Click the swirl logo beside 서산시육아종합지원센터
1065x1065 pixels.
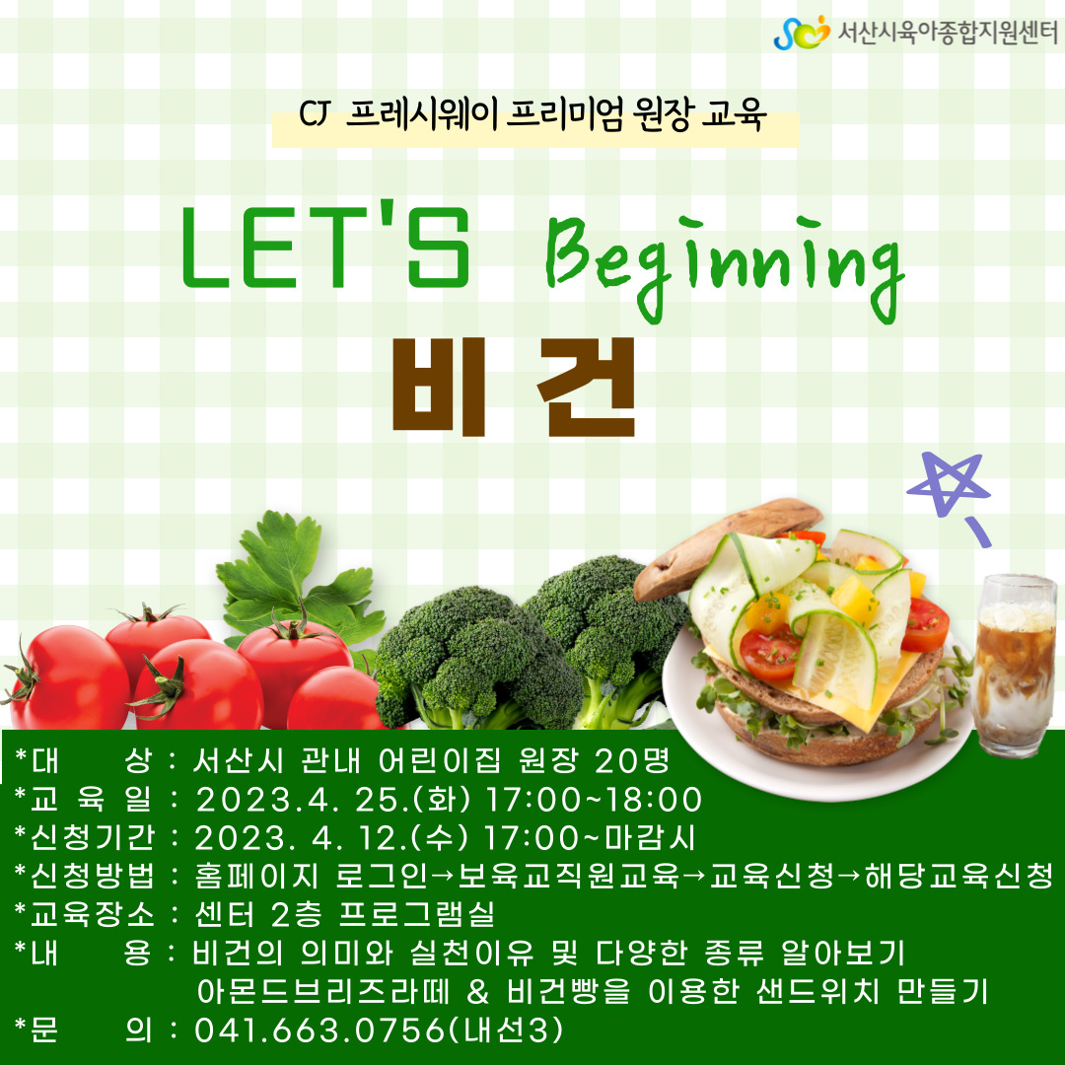(x=802, y=33)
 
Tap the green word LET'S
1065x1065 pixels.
(x=326, y=248)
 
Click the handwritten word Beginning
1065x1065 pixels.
(x=726, y=268)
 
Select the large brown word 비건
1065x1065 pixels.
(x=514, y=387)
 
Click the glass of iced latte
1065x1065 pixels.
(x=1014, y=665)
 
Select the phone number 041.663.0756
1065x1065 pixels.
(x=319, y=1030)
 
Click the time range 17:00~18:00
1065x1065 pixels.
(x=594, y=800)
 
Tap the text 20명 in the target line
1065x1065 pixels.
(x=632, y=760)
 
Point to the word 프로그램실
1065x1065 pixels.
(x=416, y=914)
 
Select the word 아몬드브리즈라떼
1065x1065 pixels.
(x=323, y=992)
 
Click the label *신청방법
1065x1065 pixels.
(x=84, y=877)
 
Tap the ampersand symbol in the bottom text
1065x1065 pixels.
(x=478, y=992)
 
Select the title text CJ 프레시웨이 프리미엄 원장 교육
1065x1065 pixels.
(x=533, y=113)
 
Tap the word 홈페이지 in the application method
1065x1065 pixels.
(x=256, y=877)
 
